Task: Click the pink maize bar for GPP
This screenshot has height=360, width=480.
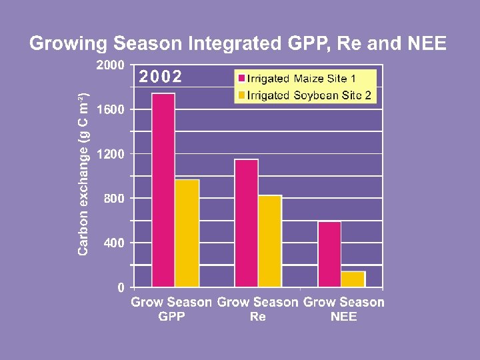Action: pyautogui.click(x=163, y=190)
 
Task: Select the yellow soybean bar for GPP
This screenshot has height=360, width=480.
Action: pyautogui.click(x=187, y=233)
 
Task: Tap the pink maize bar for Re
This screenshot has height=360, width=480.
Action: pyautogui.click(x=246, y=223)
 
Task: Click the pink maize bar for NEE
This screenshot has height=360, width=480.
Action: pyautogui.click(x=329, y=254)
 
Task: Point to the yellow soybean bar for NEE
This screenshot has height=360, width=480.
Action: pyautogui.click(x=353, y=279)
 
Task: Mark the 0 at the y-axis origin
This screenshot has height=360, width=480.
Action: pyautogui.click(x=121, y=288)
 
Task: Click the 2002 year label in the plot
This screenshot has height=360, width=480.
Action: pyautogui.click(x=160, y=77)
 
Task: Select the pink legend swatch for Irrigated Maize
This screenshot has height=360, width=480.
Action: pyautogui.click(x=241, y=79)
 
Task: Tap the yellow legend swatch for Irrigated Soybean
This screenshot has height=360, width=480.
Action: pyautogui.click(x=241, y=95)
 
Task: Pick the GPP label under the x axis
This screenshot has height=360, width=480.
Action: pyautogui.click(x=171, y=317)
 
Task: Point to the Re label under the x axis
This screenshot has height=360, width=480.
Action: pyautogui.click(x=257, y=317)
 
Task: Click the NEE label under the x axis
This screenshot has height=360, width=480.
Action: pyautogui.click(x=344, y=317)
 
